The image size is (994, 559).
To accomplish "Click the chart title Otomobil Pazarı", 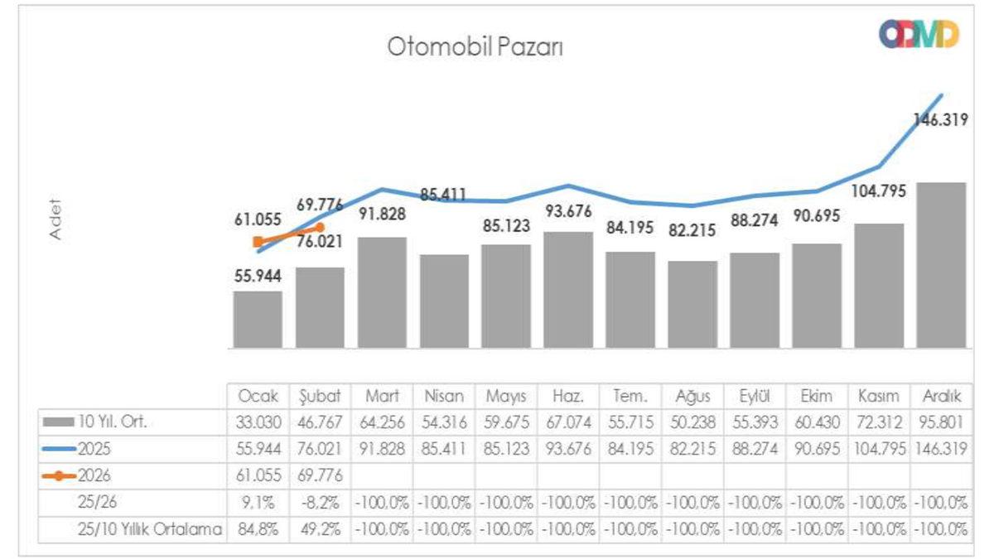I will tap(475, 47).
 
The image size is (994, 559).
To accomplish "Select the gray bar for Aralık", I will tap(941, 265).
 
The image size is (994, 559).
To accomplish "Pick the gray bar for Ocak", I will tap(258, 319).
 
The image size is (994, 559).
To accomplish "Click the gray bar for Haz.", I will tap(568, 290).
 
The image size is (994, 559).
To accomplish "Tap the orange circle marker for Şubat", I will tap(320, 227).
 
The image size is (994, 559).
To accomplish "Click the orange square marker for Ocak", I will tap(258, 242).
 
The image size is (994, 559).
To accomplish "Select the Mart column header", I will tap(382, 396).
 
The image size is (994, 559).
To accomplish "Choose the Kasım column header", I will tap(879, 396).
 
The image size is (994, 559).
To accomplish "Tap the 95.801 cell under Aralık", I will tap(941, 422).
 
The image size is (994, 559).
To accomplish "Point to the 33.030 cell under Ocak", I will tap(258, 422).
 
